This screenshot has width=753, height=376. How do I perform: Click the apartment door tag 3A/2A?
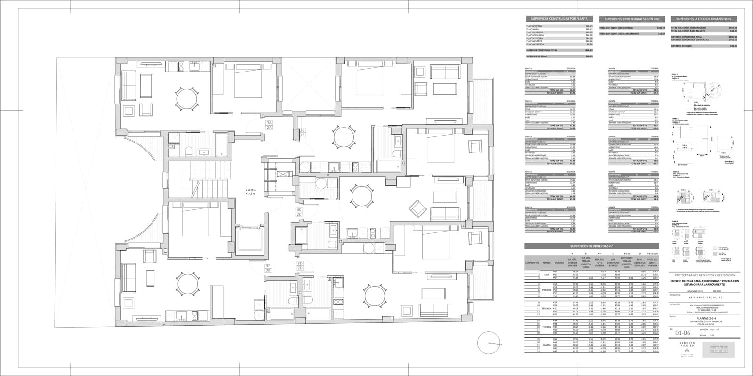[x=269, y=125]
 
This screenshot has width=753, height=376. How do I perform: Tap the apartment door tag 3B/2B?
[x=303, y=133]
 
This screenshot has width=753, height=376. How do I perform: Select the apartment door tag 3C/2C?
[x=299, y=212]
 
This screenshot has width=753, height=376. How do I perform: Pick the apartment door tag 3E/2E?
[x=268, y=268]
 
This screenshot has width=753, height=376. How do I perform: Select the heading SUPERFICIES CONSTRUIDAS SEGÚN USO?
[x=632, y=19]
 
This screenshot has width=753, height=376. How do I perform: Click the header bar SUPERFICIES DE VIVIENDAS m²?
[x=591, y=246]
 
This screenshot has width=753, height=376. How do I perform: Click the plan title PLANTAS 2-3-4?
[x=705, y=318]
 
